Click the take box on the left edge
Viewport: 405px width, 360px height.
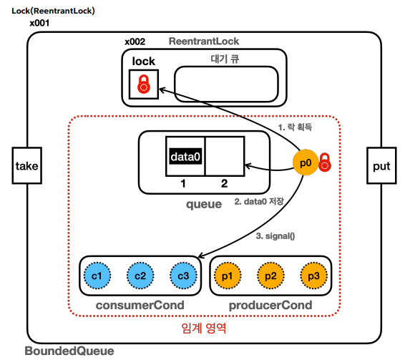(27, 165)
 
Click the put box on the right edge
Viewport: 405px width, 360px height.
(381, 165)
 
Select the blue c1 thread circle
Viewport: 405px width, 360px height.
(97, 276)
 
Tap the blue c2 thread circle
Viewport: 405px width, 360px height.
(140, 276)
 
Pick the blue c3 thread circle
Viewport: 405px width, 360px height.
(183, 276)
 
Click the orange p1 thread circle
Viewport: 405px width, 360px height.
(228, 276)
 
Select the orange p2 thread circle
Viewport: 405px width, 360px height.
(270, 276)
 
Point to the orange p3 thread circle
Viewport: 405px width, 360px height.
(314, 276)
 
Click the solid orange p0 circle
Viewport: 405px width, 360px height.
(306, 162)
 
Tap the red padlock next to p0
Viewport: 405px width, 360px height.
(325, 162)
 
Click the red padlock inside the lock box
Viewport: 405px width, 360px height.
(144, 84)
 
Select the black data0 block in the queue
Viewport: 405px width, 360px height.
(185, 156)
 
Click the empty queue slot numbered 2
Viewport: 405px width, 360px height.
(225, 156)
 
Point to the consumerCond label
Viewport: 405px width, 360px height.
(140, 305)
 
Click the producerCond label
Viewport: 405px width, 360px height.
(270, 305)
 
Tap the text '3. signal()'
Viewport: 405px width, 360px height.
(275, 236)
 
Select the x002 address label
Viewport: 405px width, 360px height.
(135, 42)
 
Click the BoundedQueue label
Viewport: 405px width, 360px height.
(69, 351)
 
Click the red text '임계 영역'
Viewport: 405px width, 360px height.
(203, 329)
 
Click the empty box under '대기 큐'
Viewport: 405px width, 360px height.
(226, 84)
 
